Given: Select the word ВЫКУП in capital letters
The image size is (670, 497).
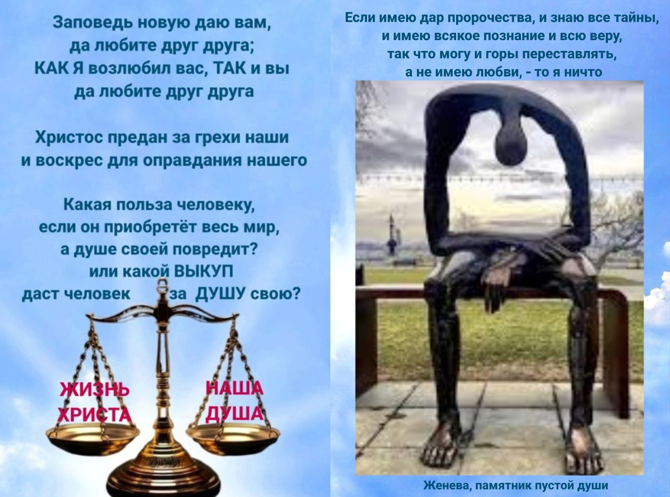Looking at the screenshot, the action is pos(203,271).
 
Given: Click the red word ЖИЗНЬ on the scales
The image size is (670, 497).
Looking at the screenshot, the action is pos(95,390).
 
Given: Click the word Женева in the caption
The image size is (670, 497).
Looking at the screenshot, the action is pos(448,486).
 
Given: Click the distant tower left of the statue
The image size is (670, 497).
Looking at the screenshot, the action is pos(391,235).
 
